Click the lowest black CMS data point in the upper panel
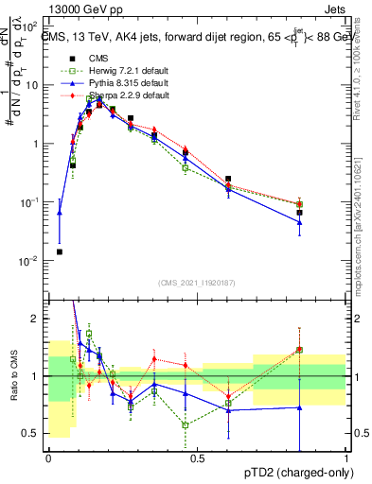(x=60, y=252)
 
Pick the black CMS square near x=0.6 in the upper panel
(x=228, y=179)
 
